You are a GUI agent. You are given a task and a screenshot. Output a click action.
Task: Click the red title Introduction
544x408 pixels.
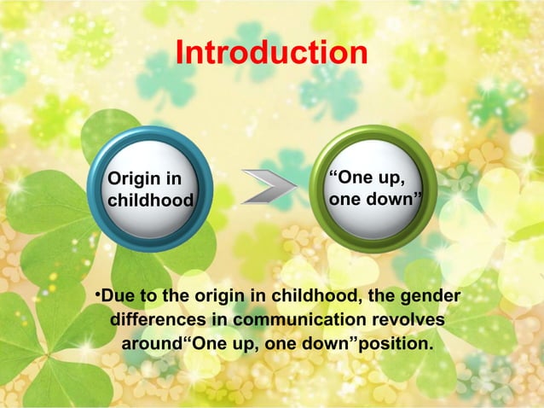click(271, 53)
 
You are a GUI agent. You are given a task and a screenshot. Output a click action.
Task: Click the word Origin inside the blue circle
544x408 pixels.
click(130, 178)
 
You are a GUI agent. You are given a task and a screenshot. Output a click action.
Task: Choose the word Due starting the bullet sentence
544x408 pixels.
click(119, 296)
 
